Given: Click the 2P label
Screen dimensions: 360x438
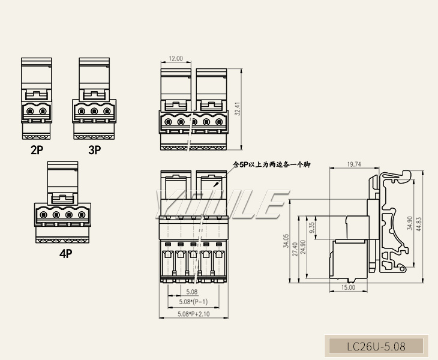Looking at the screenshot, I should coord(37,150).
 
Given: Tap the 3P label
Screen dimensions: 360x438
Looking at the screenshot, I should coord(95,150).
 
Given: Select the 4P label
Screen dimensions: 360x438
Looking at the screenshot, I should coord(65,253).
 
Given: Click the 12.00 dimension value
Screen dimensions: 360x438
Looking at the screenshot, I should coord(175,59).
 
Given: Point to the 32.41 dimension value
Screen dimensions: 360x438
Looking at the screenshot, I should coord(238,109).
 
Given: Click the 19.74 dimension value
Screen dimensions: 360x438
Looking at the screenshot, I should coord(355,163).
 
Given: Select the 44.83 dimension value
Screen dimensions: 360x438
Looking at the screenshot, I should coord(419,223).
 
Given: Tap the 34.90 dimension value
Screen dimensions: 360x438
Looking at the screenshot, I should coord(410,223).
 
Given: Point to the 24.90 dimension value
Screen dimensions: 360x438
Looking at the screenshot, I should coord(303,246).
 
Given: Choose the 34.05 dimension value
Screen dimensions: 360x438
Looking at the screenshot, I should coord(286,242).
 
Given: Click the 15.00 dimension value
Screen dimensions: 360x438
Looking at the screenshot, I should coord(349,287).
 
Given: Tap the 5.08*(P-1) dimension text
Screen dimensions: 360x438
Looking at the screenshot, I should coord(193,302).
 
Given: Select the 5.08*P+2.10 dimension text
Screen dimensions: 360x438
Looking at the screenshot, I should coord(193,314).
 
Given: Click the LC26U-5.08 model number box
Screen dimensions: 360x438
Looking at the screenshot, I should coord(376,346).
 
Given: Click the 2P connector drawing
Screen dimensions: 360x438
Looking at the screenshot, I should coord(37,99).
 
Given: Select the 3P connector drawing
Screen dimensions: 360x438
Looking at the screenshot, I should coord(94,99).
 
